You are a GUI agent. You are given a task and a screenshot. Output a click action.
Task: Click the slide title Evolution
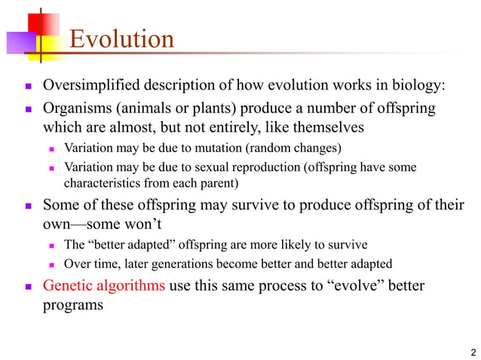coord(121,38)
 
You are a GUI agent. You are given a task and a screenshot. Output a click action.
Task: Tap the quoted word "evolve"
coord(350,286)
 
